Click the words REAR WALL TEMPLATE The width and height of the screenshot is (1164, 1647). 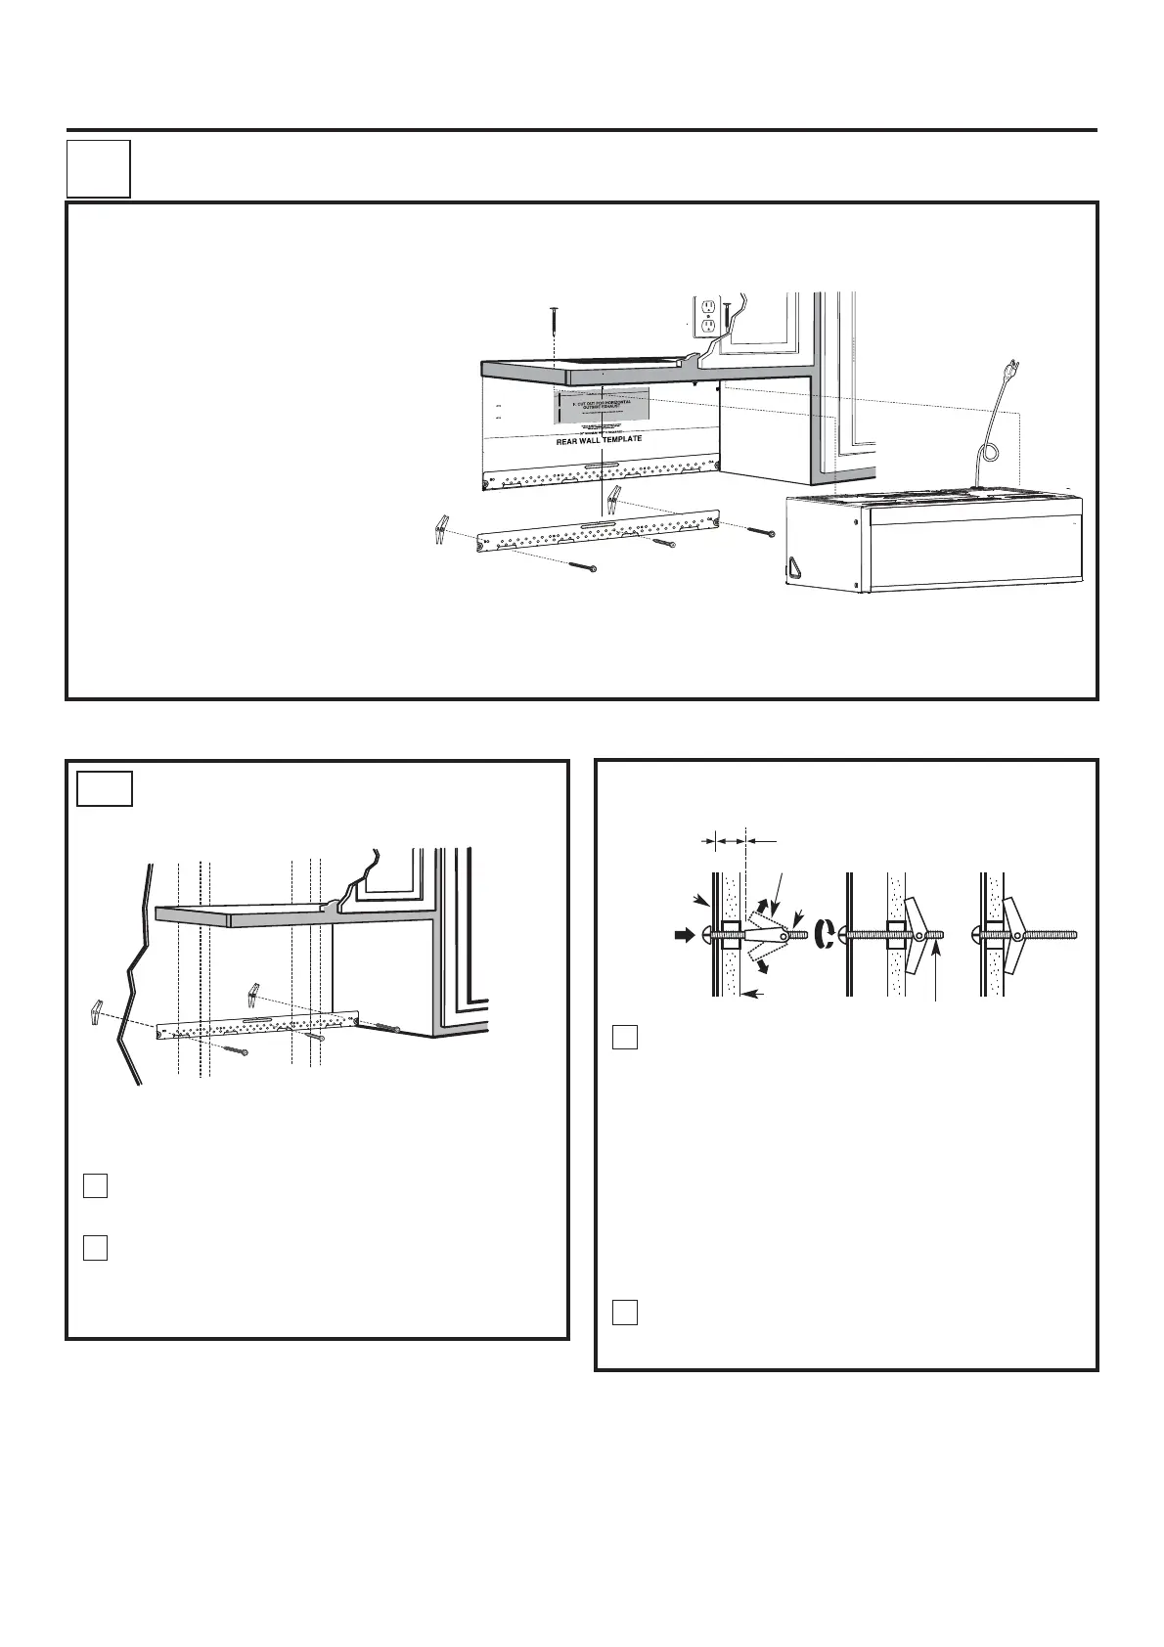599,440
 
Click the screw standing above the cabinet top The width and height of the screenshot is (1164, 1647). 554,317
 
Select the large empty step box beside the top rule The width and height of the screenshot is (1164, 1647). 98,168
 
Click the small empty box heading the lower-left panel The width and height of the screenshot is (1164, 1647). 104,788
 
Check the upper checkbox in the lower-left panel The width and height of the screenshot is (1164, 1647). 95,1186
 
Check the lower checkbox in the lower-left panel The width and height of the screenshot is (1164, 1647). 95,1248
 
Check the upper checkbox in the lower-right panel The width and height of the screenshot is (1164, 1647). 626,1037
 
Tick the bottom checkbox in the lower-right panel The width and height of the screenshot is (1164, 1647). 626,1312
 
